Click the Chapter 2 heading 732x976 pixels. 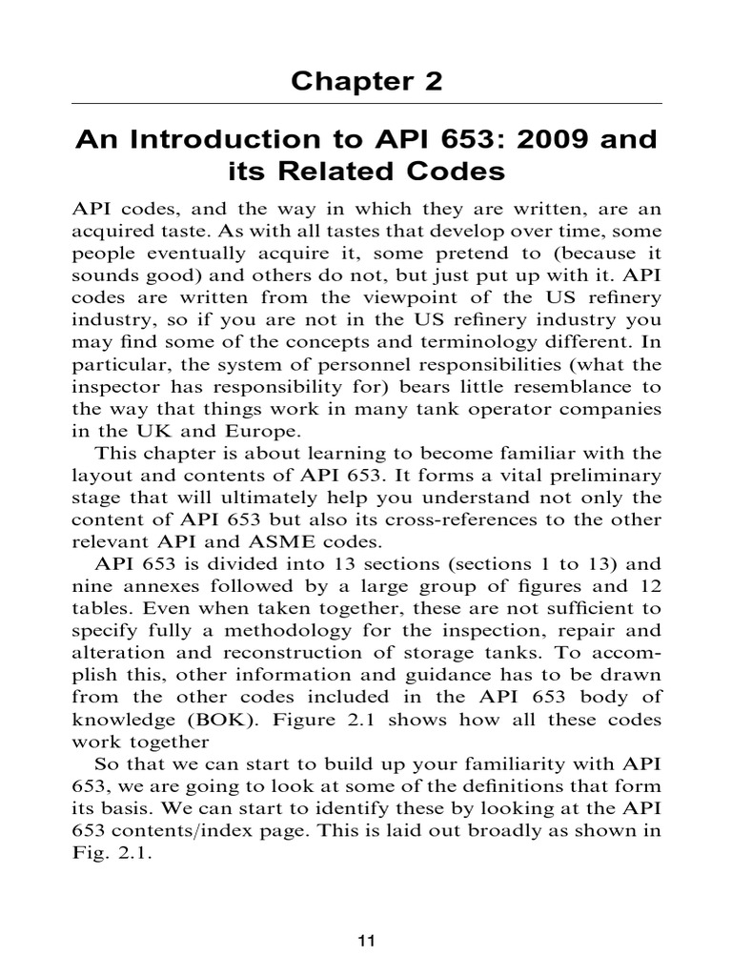(366, 81)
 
